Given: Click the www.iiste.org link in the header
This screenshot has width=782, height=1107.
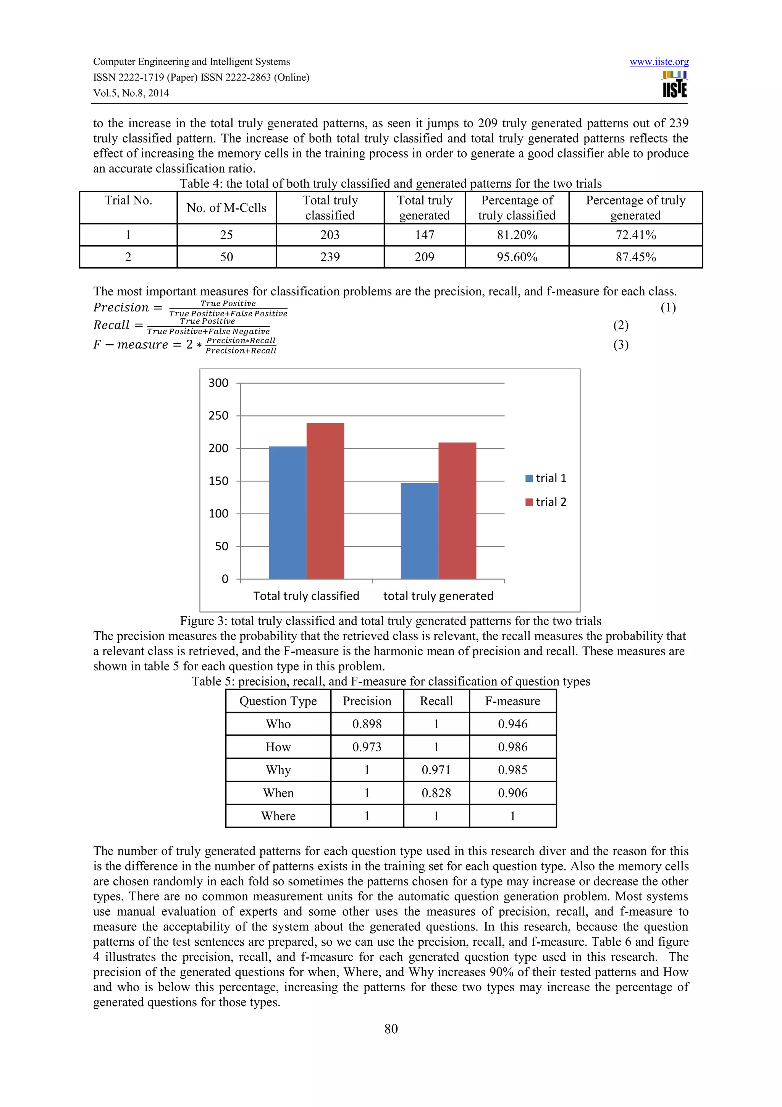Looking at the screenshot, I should click(x=659, y=62).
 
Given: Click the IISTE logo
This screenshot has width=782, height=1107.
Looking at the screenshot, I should click(x=675, y=85).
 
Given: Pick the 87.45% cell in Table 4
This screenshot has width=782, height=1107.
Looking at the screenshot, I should click(x=635, y=257).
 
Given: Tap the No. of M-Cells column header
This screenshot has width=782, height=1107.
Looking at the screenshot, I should click(x=226, y=208).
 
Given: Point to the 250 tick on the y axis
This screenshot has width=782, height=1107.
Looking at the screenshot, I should click(x=218, y=416).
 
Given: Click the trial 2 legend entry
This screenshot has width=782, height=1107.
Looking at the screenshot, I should click(x=546, y=502).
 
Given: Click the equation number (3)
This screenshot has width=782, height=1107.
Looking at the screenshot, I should click(x=620, y=345).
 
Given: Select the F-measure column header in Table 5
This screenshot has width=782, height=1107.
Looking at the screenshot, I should click(x=512, y=701).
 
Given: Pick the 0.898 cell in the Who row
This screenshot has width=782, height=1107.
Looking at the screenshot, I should click(x=367, y=724).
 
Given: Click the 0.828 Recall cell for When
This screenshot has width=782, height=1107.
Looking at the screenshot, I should click(x=436, y=793).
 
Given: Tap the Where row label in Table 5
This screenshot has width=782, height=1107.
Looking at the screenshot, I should click(x=278, y=816).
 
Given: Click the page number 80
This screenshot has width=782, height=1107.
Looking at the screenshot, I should click(x=391, y=1029).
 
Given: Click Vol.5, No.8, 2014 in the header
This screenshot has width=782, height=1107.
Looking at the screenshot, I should click(x=131, y=93).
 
